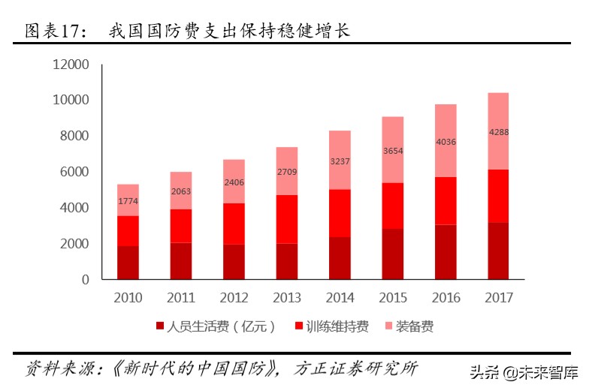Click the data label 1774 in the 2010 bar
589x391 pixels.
click(128, 201)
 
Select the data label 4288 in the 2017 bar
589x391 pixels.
click(499, 132)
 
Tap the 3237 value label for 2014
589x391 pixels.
click(340, 161)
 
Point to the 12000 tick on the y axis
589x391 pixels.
click(71, 65)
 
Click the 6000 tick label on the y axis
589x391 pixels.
click(74, 172)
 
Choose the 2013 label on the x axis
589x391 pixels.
click(287, 298)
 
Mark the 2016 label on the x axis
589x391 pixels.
click(446, 298)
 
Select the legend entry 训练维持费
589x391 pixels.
click(337, 326)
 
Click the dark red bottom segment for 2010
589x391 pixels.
click(128, 262)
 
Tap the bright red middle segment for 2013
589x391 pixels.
click(287, 219)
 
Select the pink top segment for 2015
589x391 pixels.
click(393, 149)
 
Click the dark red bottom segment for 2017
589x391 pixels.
click(499, 251)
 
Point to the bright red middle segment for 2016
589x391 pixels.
click(446, 200)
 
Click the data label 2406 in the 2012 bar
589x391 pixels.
click(234, 182)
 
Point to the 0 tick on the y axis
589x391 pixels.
click(85, 279)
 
